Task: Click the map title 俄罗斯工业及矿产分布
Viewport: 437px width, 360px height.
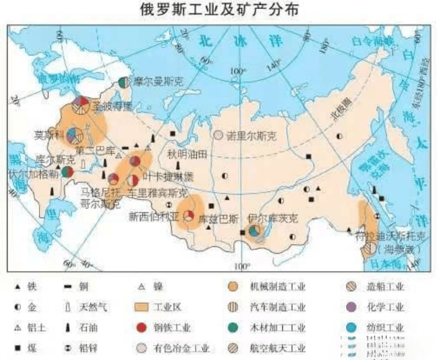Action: pyautogui.click(x=218, y=10)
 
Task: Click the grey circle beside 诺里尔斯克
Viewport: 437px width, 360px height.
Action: pyautogui.click(x=218, y=135)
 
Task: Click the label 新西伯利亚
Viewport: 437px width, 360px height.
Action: pyautogui.click(x=153, y=216)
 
